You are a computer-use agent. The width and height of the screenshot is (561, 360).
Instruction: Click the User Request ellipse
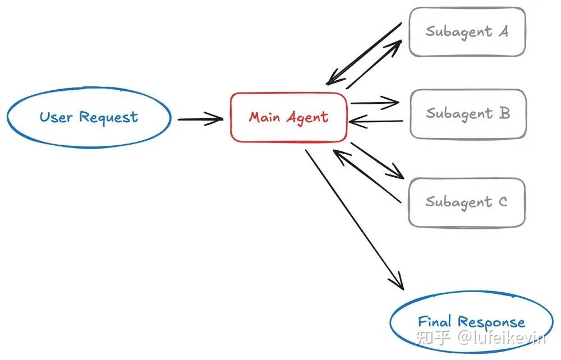(x=89, y=118)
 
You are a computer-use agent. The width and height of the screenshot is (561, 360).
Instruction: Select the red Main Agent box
(x=289, y=117)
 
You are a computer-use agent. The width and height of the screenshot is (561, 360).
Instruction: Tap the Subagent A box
(x=467, y=31)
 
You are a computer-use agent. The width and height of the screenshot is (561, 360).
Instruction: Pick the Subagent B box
(x=468, y=113)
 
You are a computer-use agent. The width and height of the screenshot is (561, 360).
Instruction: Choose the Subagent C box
(x=467, y=202)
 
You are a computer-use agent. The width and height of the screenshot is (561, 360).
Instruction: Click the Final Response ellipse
(x=471, y=322)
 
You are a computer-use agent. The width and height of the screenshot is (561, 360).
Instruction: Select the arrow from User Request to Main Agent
(x=200, y=118)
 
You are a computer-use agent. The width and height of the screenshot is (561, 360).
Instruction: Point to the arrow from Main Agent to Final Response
(x=355, y=219)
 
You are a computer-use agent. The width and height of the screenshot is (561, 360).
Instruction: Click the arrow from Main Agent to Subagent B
(x=374, y=103)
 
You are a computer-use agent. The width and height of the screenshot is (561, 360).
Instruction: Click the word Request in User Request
(x=108, y=118)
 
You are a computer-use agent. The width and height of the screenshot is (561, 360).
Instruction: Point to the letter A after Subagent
(x=503, y=31)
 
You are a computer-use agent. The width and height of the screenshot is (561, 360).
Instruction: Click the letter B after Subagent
(x=504, y=113)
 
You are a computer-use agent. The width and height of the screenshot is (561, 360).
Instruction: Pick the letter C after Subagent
(x=502, y=201)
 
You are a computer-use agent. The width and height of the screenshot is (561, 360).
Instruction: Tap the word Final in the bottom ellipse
(x=435, y=322)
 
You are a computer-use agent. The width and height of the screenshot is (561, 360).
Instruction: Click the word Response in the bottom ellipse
(x=491, y=322)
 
